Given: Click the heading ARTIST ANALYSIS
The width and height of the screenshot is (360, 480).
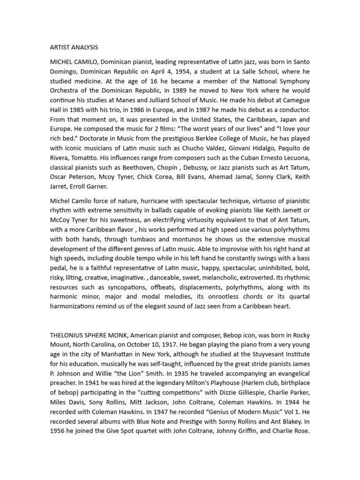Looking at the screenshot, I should click(x=74, y=47).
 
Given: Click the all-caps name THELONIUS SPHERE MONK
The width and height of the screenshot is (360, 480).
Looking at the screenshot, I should click(x=89, y=335).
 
